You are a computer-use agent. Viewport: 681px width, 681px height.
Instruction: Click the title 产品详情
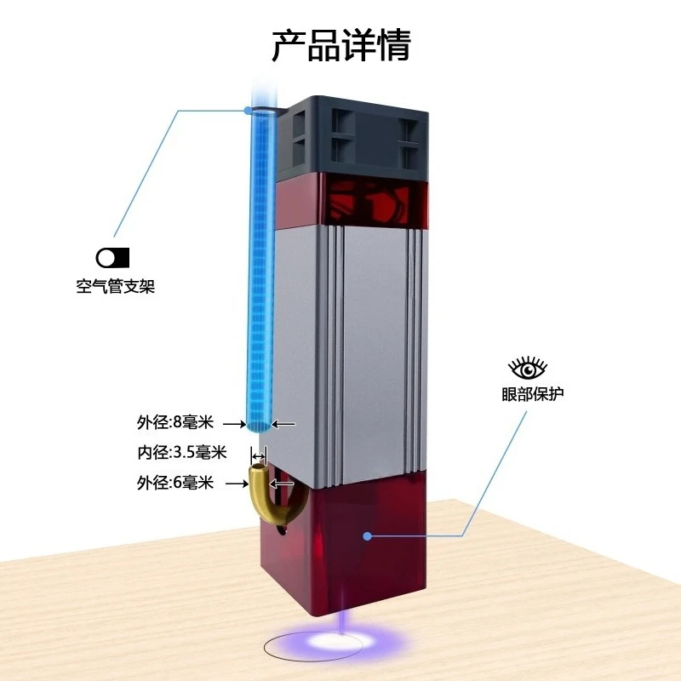coord(341,45)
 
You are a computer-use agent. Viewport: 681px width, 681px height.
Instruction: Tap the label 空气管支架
coord(116,286)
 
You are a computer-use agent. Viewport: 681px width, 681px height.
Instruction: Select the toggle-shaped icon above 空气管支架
coord(112,258)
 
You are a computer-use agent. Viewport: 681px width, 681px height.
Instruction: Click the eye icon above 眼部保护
coord(528,369)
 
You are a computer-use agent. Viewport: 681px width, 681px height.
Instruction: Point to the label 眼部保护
coord(533,394)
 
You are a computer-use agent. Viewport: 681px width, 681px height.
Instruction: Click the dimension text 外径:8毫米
coord(175,422)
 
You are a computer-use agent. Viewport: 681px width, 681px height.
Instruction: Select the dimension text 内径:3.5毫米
coord(182,453)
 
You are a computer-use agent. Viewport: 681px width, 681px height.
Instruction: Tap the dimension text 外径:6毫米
coord(175,483)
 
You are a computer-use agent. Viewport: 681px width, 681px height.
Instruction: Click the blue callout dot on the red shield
coord(368,536)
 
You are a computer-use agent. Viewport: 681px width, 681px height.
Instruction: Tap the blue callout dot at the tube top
coord(248,111)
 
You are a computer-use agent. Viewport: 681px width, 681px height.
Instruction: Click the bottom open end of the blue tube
coord(259,426)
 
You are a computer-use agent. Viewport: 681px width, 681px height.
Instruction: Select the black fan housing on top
coord(352,137)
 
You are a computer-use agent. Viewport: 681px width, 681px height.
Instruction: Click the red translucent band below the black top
coord(352,200)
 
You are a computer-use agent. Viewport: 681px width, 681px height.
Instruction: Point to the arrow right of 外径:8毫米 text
coord(235,423)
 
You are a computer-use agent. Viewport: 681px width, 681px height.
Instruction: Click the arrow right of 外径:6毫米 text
coord(237,484)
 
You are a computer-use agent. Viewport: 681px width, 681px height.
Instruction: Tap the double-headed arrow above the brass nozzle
coord(259,456)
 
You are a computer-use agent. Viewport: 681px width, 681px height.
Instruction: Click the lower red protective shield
coord(343,543)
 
